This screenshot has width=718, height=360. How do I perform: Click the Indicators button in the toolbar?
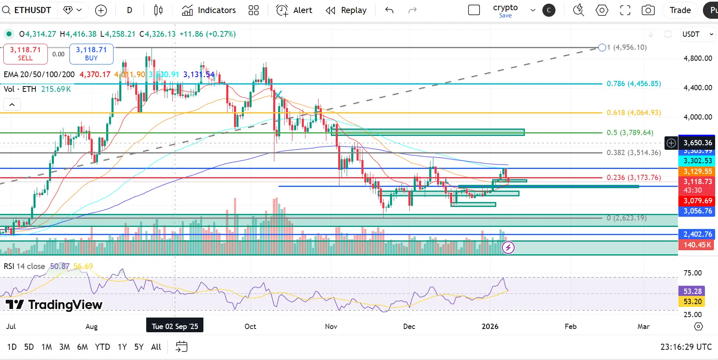click(x=209, y=10)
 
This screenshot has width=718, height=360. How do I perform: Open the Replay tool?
click(x=346, y=10)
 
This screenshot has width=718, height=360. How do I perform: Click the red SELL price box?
click(x=25, y=54)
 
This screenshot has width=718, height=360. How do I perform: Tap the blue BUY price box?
click(x=91, y=54)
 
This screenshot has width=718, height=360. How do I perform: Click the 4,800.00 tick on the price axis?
click(x=698, y=58)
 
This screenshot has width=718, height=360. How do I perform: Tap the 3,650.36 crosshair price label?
click(x=698, y=143)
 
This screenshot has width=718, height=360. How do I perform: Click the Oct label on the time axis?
click(x=250, y=327)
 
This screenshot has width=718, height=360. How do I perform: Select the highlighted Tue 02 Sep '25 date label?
click(x=175, y=327)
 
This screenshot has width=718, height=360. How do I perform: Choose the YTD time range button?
click(x=103, y=347)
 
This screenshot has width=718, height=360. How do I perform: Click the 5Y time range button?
click(x=139, y=347)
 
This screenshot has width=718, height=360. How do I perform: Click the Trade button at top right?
click(x=680, y=10)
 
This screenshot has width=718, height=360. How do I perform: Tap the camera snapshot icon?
click(x=648, y=10)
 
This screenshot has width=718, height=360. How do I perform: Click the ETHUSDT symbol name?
click(x=32, y=10)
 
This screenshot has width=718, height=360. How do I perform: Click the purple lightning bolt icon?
click(x=508, y=247)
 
